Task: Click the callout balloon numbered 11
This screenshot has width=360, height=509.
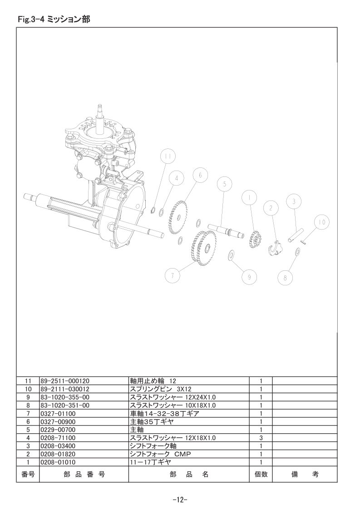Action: (168, 157)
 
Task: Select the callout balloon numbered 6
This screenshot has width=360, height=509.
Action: (200, 175)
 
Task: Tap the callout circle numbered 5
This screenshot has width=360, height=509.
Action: (225, 184)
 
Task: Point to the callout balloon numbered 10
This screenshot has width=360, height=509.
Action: (322, 222)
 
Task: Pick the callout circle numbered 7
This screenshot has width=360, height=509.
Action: (173, 276)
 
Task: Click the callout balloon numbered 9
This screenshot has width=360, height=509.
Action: (249, 277)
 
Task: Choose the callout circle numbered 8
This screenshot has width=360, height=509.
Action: (285, 278)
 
